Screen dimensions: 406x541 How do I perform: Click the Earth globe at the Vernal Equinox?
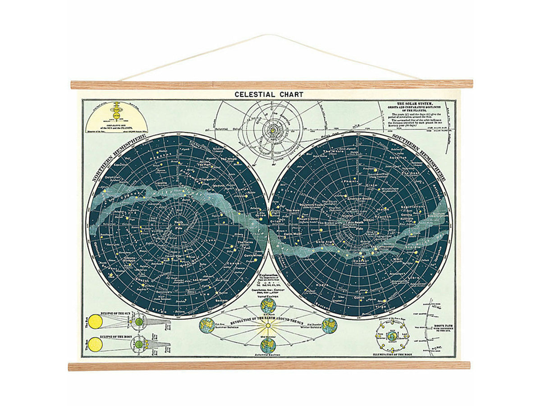pos(268,306)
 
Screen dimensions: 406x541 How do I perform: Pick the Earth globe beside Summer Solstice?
pos(207,325)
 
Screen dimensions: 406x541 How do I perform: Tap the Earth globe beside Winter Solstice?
pos(329,325)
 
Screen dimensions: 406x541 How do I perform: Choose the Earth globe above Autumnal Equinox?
pos(268,345)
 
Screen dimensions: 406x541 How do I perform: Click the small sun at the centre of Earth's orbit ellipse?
pos(268,325)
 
